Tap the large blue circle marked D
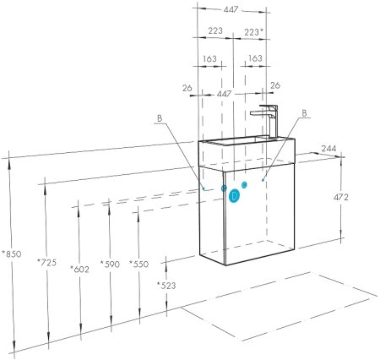(x=235, y=195)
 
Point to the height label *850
(x=11, y=253)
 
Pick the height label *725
(x=46, y=264)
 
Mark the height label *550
(x=138, y=265)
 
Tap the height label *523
(x=166, y=285)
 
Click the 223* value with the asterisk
(x=252, y=31)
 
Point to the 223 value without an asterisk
(x=214, y=31)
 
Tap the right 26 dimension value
(x=275, y=85)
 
